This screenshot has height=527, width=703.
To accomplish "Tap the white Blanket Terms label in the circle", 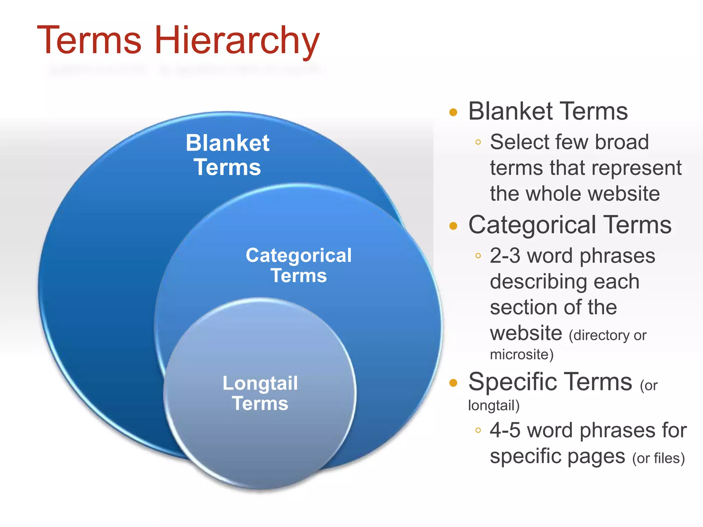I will [228, 155].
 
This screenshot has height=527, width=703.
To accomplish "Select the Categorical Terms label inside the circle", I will [299, 265].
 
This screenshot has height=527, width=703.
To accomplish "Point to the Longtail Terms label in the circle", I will [260, 393].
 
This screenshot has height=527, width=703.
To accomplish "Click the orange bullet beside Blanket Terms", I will [453, 112].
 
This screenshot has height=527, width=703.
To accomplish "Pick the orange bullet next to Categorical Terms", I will [453, 226].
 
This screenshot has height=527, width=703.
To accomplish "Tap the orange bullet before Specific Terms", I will [453, 383].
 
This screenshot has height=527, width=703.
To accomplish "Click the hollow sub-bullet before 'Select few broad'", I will [478, 142].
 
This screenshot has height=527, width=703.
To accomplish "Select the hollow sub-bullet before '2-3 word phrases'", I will [478, 256].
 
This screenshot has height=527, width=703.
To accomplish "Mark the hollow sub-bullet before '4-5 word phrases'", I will [478, 430].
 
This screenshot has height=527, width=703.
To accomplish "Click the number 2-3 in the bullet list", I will [505, 256].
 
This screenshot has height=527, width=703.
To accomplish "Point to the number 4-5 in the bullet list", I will [505, 430].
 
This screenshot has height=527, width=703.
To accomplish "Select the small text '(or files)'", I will [658, 458].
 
